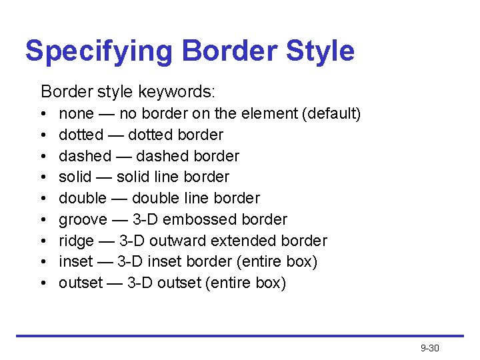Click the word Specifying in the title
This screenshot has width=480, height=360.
[97, 51]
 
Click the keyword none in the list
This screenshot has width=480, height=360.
[76, 114]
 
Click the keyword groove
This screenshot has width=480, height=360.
[83, 219]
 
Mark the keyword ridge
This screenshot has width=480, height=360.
[76, 241]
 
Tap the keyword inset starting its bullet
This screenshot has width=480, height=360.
[73, 262]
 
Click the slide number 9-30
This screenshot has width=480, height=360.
[430, 348]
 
